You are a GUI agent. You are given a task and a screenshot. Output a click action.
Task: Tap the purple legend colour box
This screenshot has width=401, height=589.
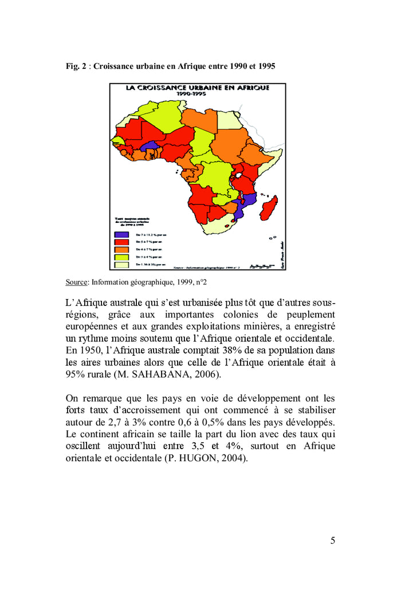click(x=121, y=234)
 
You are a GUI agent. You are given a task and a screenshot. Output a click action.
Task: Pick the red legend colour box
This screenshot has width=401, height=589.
click(x=121, y=242)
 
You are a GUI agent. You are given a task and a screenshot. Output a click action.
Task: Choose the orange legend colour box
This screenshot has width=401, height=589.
click(x=121, y=250)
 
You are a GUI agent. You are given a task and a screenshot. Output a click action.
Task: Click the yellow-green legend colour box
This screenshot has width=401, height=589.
click(x=121, y=258)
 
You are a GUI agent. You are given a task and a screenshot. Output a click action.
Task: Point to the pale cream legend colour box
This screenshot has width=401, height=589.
click(x=121, y=265)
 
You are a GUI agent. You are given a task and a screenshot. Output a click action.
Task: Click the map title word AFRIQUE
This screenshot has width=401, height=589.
click(x=249, y=88)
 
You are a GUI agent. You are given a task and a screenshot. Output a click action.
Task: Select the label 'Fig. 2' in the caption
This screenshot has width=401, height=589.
click(x=76, y=66)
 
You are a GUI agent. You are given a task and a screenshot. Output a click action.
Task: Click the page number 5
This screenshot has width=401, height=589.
click(x=332, y=540)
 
